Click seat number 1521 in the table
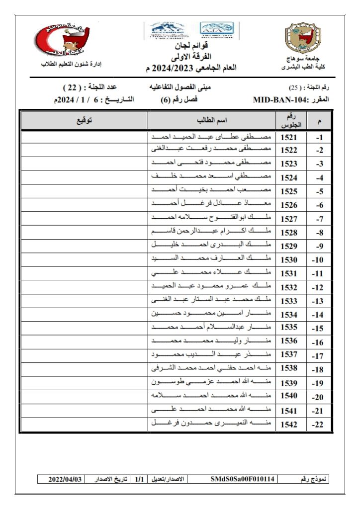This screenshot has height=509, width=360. point(289,137)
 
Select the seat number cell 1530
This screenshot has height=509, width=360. point(289,260)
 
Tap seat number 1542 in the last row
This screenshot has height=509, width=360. point(289,424)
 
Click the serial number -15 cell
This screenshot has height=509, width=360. point(318,329)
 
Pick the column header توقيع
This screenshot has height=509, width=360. point(84,121)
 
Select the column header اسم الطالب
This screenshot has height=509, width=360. point(212,121)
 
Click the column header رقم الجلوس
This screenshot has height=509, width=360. point(289,121)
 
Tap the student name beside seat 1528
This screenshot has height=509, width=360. point(212,232)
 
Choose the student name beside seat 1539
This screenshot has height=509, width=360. point(212,383)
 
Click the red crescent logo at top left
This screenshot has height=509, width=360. point(63,39)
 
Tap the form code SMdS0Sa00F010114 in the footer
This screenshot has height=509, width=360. point(242,479)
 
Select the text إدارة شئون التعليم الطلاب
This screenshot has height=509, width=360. point(71,65)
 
